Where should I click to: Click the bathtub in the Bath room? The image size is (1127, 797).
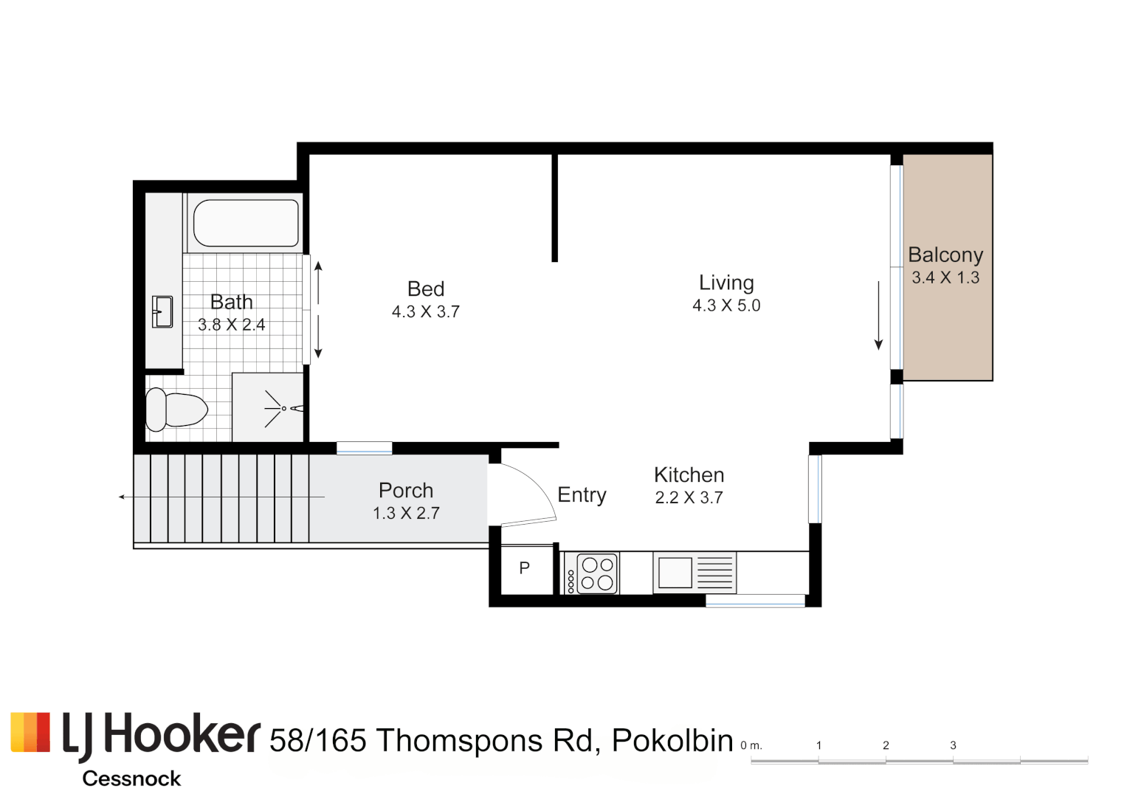coord(246,223)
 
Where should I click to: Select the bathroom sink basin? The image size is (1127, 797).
coord(163,311)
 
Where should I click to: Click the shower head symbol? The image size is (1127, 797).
coord(283,408)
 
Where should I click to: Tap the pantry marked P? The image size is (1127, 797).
coord(525,568)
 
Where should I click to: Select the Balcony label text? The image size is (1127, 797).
coord(945,255)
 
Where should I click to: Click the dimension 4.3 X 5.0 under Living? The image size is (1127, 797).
coord(726,306)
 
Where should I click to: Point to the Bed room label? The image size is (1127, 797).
coord(426,289)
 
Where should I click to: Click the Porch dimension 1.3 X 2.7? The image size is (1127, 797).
coord(406,513)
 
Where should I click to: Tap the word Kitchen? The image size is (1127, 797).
coord(689,475)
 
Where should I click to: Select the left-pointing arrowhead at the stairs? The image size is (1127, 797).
coord(122,497)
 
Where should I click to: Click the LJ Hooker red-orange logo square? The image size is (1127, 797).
coord(30,732)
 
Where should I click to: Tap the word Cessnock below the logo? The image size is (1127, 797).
coord(131,779)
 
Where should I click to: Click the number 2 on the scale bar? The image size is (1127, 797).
coord(886,745)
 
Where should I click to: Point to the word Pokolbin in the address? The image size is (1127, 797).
coord(672,740)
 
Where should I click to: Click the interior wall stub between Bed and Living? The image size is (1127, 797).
coord(554,208)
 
